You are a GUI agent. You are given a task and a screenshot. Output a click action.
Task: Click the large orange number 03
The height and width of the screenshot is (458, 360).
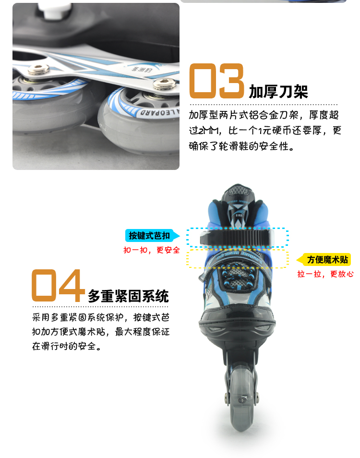(216, 81)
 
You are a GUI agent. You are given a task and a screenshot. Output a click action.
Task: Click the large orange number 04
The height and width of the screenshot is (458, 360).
(58, 285)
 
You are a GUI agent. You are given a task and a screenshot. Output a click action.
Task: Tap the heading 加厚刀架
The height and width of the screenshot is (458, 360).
(278, 91)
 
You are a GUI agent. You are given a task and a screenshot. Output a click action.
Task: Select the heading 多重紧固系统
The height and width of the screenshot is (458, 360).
(128, 296)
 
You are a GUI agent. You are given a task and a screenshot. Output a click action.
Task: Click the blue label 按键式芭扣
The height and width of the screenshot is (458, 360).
(149, 235)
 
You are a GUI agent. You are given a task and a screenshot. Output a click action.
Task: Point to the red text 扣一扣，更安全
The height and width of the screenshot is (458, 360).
(152, 250)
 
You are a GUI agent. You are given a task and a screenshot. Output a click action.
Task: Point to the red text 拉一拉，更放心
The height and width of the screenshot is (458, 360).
(325, 274)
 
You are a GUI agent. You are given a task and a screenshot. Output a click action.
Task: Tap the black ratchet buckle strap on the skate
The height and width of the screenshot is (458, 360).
(237, 237)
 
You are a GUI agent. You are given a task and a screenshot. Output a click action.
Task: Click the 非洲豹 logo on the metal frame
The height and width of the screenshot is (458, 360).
(142, 69)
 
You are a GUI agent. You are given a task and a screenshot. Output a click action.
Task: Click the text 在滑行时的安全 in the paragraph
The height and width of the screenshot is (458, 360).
(64, 347)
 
